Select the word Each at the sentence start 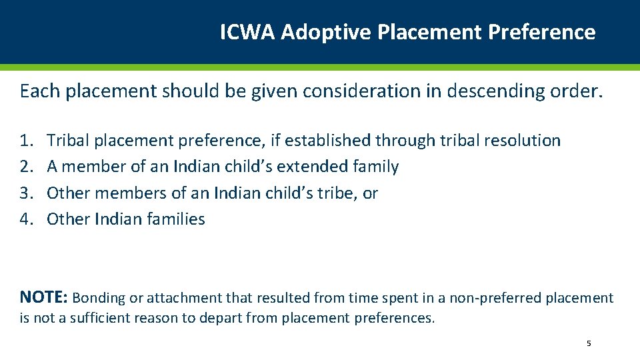pos(39,91)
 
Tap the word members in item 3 pos(123,193)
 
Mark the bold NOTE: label pos(43,297)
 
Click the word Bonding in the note pos(95,298)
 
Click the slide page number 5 pos(589,343)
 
